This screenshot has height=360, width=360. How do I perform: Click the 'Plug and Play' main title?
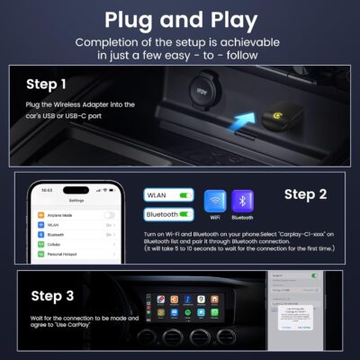tap(180, 19)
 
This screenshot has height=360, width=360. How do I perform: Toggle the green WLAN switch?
tap(186, 193)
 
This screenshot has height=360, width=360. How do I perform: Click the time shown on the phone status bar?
tap(46, 190)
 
